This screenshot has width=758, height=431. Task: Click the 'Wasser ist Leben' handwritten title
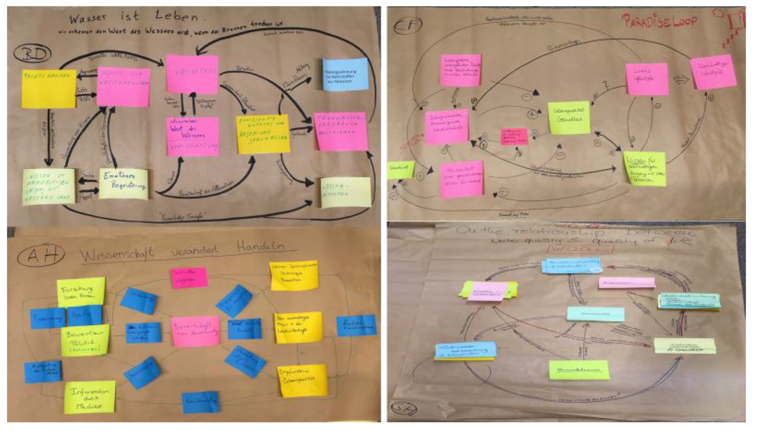(x=133, y=17)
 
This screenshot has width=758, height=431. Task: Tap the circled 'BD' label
(x=32, y=53)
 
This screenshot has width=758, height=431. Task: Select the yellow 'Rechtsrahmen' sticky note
(x=49, y=89)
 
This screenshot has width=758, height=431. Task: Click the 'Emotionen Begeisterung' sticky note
(x=124, y=183)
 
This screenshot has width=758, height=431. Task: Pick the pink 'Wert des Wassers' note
(x=193, y=136)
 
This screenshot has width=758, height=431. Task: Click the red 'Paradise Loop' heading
(x=659, y=21)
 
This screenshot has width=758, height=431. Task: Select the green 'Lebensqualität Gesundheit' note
(x=569, y=118)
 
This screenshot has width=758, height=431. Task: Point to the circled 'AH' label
(x=41, y=255)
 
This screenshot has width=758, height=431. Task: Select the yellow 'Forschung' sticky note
(x=81, y=292)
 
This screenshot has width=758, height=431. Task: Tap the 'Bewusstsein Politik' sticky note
(x=85, y=340)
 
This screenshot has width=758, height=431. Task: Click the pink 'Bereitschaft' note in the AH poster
(x=195, y=331)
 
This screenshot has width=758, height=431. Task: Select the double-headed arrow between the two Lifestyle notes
(x=681, y=79)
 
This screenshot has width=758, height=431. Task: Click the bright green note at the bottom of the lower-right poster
(x=579, y=370)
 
